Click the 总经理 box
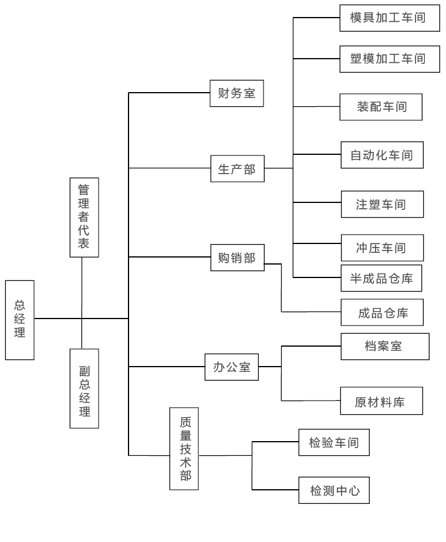pyautogui.click(x=20, y=320)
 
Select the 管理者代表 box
pyautogui.click(x=84, y=217)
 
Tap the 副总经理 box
pyautogui.click(x=84, y=388)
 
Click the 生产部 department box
pyautogui.click(x=236, y=168)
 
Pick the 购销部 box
pyautogui.click(x=236, y=257)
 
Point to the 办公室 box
pyautogui.click(x=231, y=367)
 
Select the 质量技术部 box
pyautogui.click(x=184, y=449)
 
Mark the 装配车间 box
pyautogui.click(x=381, y=106)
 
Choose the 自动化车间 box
pyautogui.click(x=381, y=155)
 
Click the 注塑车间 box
pyautogui.click(x=381, y=204)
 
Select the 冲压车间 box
pyautogui.click(x=381, y=248)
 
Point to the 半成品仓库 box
pyautogui.click(x=381, y=279)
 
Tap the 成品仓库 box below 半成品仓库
pyautogui.click(x=382, y=312)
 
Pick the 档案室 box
pyautogui.click(x=384, y=346)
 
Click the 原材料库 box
pyautogui.click(x=381, y=401)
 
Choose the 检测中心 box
pyautogui.click(x=334, y=490)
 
